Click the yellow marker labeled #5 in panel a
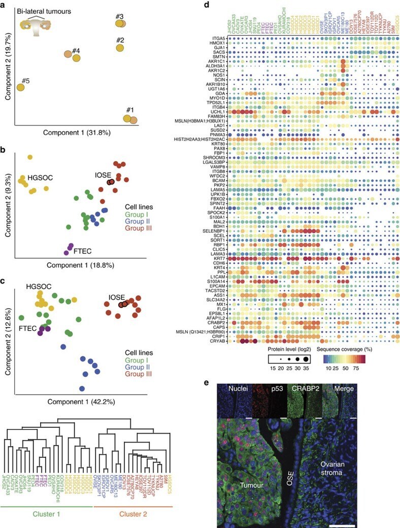tap(20, 87)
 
